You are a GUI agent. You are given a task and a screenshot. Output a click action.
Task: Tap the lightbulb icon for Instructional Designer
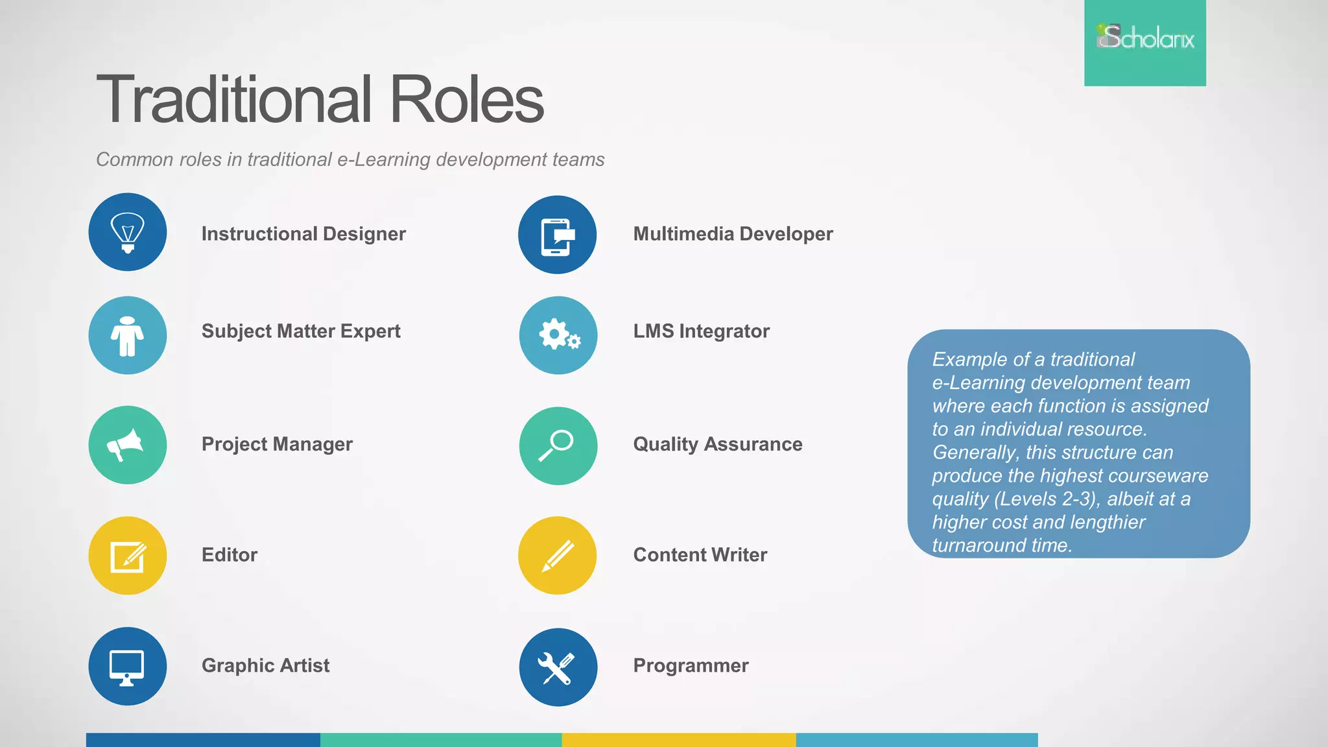128,232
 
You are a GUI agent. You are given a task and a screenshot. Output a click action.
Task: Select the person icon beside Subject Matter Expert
128,335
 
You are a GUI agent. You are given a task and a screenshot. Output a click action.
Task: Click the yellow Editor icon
128,556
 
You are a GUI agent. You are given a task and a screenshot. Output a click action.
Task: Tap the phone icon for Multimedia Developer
557,235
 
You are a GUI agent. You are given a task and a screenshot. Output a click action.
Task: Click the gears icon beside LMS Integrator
558,335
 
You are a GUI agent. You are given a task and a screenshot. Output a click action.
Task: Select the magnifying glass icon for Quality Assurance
558,445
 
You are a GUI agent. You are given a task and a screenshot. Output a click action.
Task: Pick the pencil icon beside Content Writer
557,556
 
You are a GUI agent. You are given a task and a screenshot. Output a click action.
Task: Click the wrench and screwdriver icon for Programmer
558,667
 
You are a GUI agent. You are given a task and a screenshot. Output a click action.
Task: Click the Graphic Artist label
265,665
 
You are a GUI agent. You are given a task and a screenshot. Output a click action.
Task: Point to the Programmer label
691,665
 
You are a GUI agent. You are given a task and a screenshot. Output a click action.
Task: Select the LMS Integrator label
701,331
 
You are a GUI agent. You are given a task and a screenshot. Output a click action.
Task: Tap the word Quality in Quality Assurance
665,445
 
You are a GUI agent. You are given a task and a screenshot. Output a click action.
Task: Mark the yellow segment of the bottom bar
678,740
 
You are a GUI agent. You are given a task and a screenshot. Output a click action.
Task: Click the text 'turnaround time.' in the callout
1002,545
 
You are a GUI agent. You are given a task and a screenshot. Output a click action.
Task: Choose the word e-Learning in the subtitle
383,160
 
